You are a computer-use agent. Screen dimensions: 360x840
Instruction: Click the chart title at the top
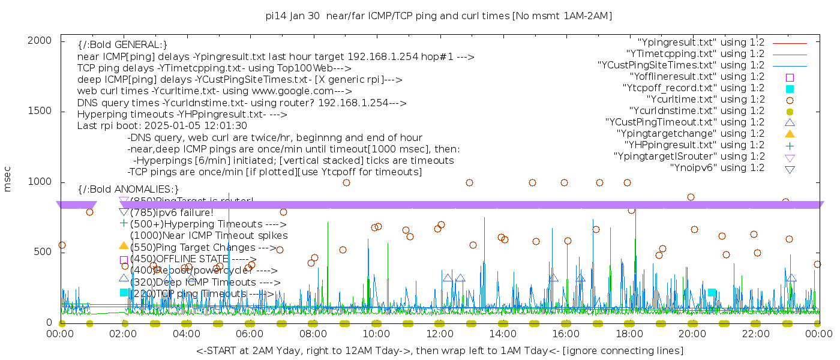point(439,16)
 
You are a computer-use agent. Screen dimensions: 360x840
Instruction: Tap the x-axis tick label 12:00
point(439,334)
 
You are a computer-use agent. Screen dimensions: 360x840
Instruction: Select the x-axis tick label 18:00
point(629,334)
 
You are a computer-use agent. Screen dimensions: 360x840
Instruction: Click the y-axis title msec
point(8,181)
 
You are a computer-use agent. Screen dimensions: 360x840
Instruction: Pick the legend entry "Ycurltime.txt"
point(705,99)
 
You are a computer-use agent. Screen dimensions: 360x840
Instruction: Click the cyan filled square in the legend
point(790,88)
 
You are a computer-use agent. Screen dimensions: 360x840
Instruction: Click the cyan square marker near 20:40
point(712,293)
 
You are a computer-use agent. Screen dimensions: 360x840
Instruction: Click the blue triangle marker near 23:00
point(791,278)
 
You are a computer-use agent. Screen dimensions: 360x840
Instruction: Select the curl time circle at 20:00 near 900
point(691,197)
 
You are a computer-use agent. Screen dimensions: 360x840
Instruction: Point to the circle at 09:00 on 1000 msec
point(346,182)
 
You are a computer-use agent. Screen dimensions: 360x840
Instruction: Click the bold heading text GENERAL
point(122,45)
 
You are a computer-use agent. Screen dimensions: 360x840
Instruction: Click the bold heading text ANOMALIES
point(128,189)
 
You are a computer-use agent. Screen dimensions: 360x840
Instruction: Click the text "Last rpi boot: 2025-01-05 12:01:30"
point(162,126)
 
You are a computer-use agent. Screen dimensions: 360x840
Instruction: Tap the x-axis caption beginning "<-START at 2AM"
point(439,350)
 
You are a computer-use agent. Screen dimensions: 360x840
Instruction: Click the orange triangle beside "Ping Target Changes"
point(124,245)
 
